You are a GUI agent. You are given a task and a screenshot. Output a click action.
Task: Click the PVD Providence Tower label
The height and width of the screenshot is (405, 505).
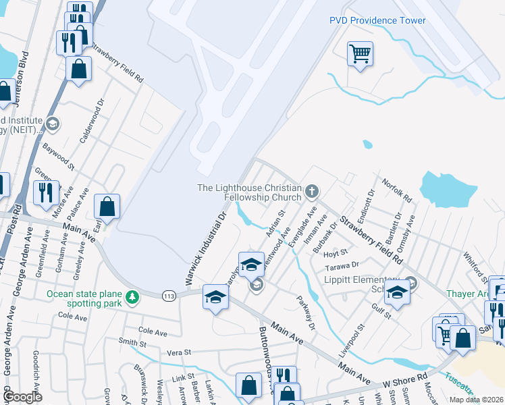377,20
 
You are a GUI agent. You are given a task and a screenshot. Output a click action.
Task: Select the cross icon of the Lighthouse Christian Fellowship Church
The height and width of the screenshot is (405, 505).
312,192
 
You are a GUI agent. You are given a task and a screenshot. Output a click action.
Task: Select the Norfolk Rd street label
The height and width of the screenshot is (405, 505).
396,190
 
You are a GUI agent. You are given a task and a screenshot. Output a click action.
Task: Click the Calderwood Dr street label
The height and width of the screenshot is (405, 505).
92,122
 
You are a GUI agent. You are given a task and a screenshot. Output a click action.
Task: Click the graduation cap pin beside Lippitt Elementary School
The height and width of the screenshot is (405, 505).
398,292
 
